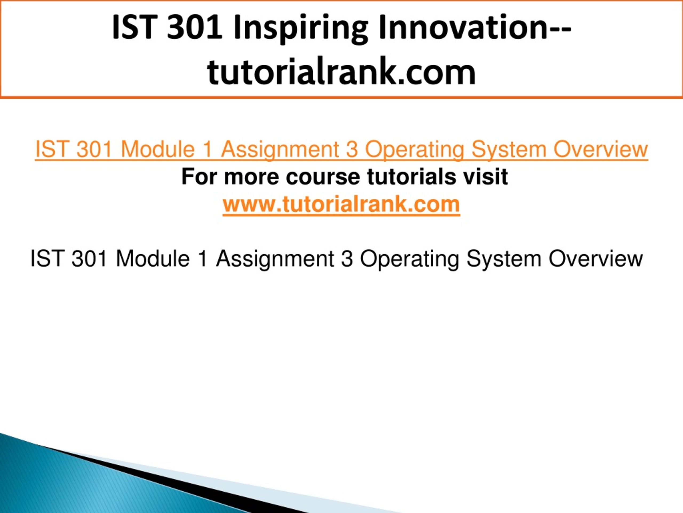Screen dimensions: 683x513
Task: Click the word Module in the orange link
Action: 157,149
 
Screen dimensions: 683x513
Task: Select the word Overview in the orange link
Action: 601,149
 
